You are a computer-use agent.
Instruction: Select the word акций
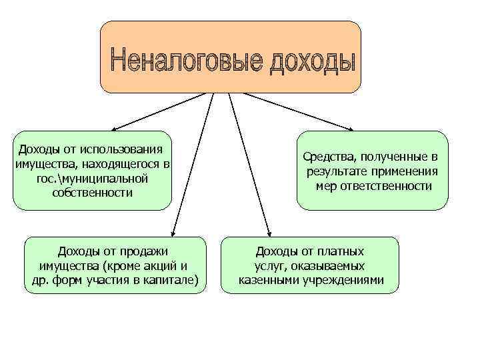[159, 265]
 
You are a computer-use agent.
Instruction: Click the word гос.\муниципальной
[93, 179]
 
